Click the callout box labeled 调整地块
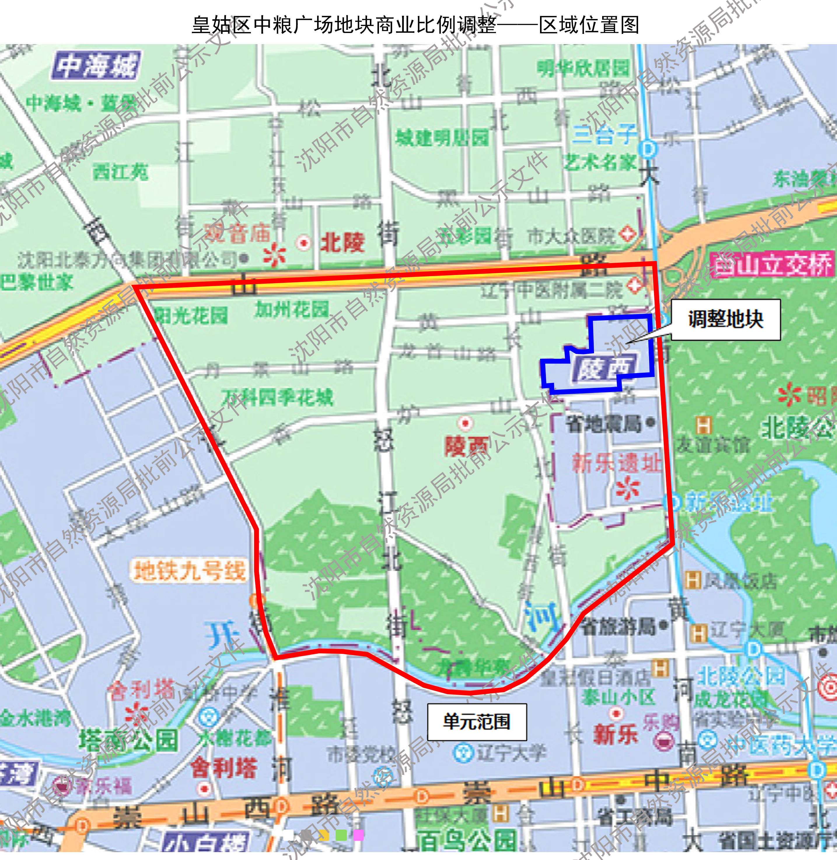coord(725,319)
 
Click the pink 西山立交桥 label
coord(771,265)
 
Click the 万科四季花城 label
coord(277,397)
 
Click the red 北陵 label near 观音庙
coord(343,242)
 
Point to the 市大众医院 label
coord(572,236)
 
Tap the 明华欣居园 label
coord(583,68)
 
